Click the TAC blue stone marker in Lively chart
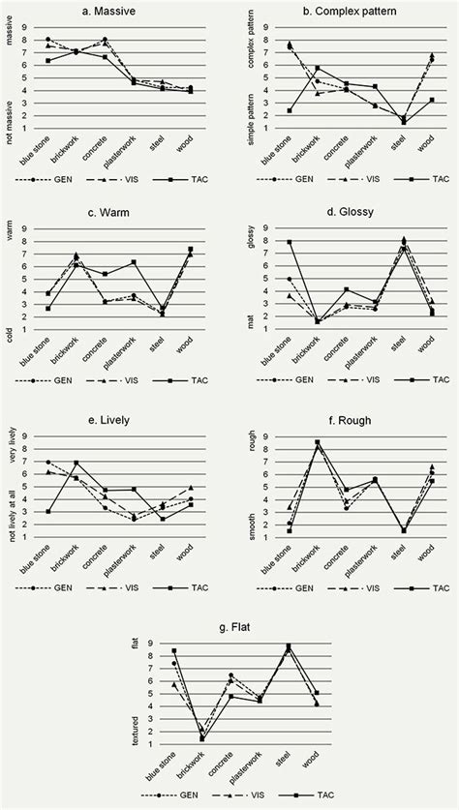(x=48, y=512)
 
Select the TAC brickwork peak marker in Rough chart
(x=317, y=442)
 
